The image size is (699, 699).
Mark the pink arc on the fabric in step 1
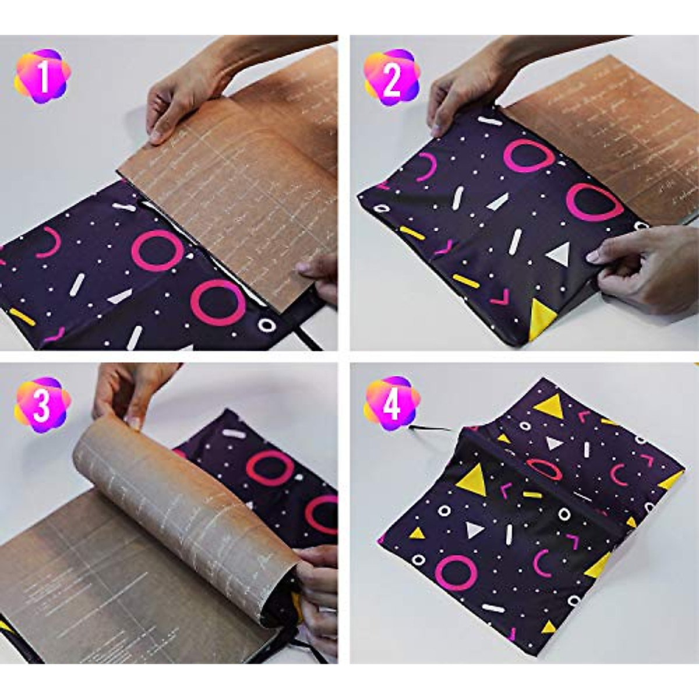pos(47,241)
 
